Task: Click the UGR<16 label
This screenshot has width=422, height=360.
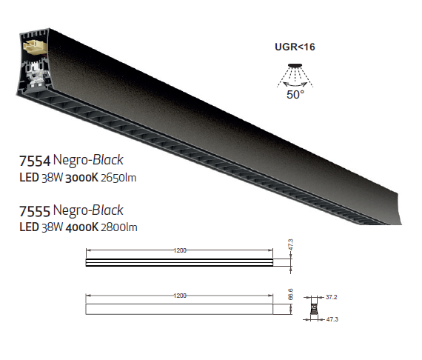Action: pos(295,47)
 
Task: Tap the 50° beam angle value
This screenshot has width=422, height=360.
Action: pos(295,95)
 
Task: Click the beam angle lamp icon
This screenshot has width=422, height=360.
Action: pos(295,76)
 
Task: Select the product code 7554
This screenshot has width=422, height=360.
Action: pos(35,161)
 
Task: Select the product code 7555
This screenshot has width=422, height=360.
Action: pos(35,211)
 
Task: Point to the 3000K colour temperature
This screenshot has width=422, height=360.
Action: pos(82,178)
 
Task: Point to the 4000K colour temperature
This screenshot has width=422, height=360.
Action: pos(82,227)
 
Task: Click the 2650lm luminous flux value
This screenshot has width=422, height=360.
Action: pos(118,178)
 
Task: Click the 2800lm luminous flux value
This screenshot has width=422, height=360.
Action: pos(119,227)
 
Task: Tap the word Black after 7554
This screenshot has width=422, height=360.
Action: pos(107,160)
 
